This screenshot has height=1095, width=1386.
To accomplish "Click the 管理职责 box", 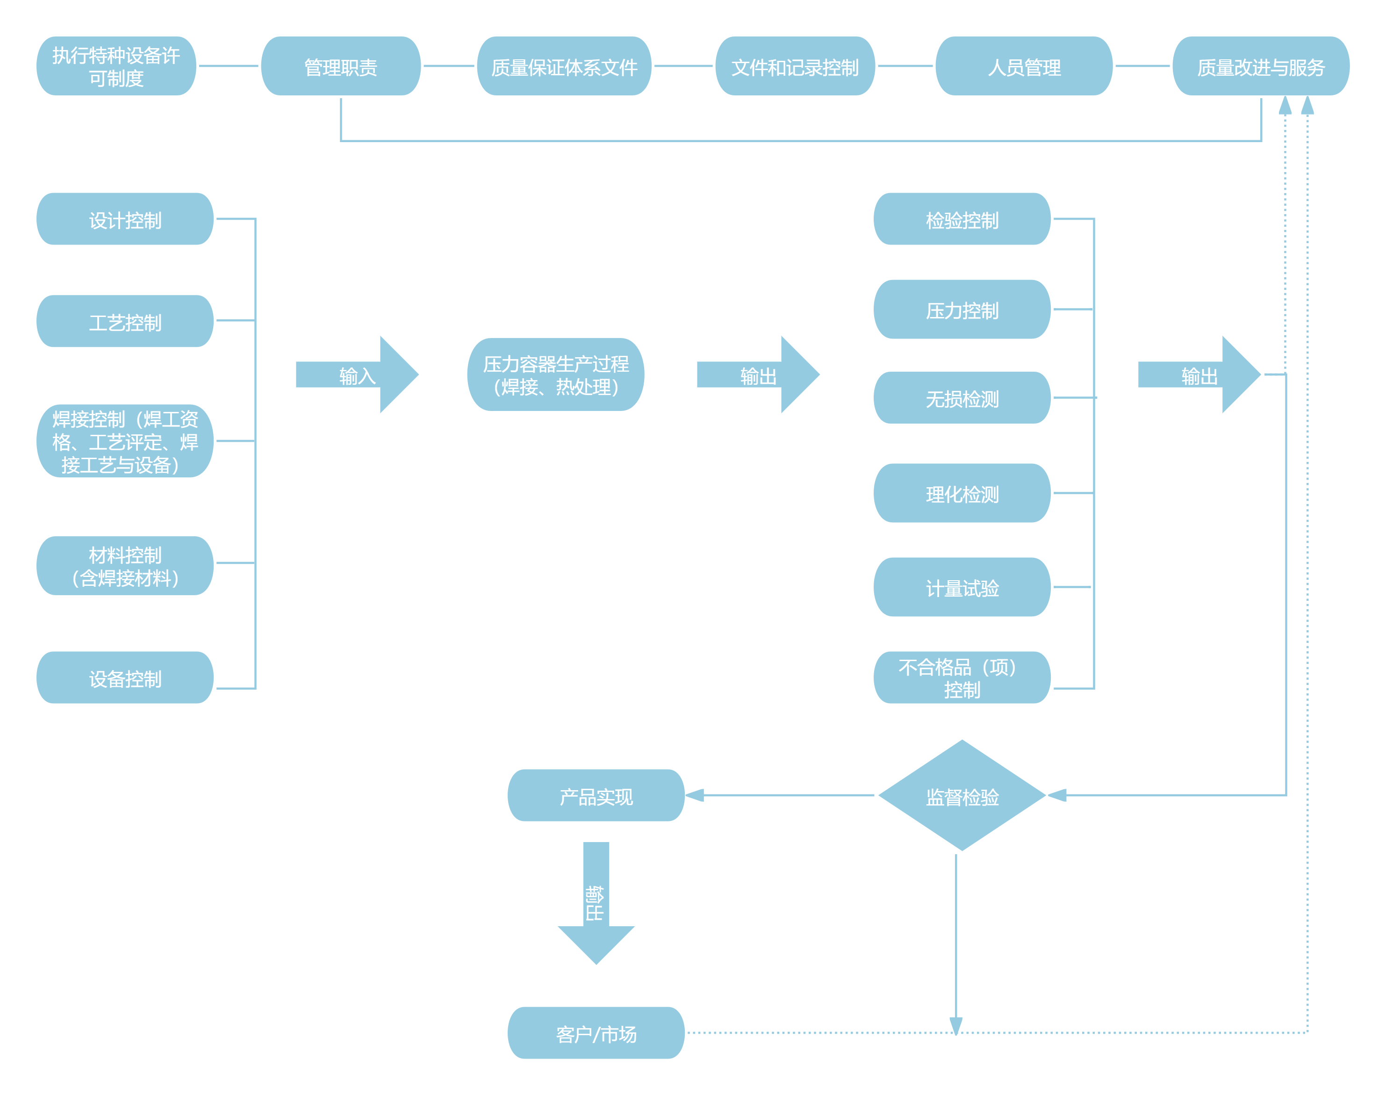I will (340, 66).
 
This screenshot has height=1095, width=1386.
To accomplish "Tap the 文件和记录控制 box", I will (795, 66).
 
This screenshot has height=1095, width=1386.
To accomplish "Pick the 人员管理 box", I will (1024, 66).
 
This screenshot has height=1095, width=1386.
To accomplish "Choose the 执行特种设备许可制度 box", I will (116, 66).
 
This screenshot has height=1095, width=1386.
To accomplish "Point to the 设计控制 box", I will (125, 219).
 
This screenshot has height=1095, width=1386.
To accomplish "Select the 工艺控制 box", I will (125, 321).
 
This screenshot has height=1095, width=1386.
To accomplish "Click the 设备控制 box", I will (125, 677).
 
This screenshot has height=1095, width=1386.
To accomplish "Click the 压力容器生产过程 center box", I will (556, 375).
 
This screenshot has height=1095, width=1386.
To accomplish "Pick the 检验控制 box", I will (962, 219).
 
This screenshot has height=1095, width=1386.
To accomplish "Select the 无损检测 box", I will (962, 398).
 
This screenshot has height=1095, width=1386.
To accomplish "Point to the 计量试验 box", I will (962, 587).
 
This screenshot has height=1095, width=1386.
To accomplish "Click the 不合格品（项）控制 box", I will (962, 677).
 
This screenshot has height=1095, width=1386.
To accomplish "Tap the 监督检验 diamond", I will (962, 796).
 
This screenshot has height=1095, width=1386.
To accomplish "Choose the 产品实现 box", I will (596, 796).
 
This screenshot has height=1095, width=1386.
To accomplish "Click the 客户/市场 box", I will (596, 1033).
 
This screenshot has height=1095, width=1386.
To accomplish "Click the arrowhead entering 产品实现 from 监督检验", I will (696, 796).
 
